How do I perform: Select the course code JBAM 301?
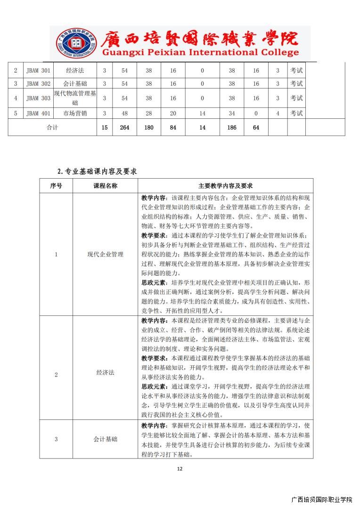[38, 71]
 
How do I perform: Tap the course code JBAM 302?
[38, 84]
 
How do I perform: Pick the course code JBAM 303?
[38, 98]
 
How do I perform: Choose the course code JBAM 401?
[38, 113]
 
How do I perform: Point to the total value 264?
[124, 128]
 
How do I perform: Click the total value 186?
[231, 128]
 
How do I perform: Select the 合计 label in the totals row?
[52, 128]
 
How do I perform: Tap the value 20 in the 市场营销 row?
[173, 113]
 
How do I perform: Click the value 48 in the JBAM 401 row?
[124, 113]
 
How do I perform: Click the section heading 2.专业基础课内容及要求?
[97, 172]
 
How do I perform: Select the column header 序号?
[56, 186]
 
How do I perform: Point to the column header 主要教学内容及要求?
[225, 186]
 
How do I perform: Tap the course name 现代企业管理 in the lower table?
[105, 254]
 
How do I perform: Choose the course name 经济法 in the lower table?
[105, 373]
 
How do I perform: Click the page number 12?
[179, 468]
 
